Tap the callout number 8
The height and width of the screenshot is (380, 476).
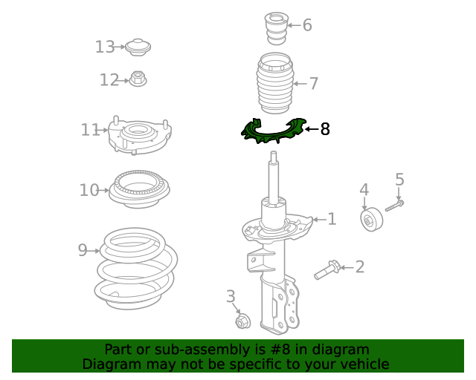(x=324, y=130)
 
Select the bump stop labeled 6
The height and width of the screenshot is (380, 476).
(x=276, y=30)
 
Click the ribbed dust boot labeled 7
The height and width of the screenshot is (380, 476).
(x=273, y=87)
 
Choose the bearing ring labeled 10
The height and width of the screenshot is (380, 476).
(x=137, y=190)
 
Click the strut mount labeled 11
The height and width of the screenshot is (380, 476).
(x=140, y=136)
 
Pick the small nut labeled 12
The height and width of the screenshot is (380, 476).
(x=137, y=78)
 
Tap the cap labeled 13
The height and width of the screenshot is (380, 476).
(x=138, y=47)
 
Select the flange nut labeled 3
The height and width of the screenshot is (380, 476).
(x=242, y=321)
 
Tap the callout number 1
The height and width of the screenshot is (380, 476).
(x=332, y=219)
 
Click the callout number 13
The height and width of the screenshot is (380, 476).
(x=105, y=47)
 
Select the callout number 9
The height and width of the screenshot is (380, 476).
(x=83, y=250)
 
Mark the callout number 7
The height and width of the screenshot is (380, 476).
(x=313, y=83)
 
